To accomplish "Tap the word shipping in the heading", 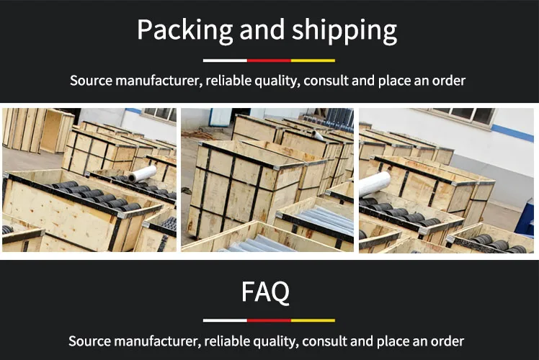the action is click(345, 31).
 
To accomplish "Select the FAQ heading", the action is click(266, 292).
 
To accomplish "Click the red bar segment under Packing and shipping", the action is click(269, 60).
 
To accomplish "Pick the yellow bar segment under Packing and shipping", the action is click(313, 60).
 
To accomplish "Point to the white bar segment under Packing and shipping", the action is click(225, 60).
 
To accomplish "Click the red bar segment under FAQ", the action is click(269, 320).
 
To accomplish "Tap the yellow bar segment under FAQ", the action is click(313, 320).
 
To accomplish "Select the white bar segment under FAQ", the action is click(225, 320).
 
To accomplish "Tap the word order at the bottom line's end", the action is click(447, 341).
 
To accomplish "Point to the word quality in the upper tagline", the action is click(275, 80).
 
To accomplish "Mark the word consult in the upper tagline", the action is click(326, 80).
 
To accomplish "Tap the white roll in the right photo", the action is click(375, 184).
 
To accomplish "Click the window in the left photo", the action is click(159, 114).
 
